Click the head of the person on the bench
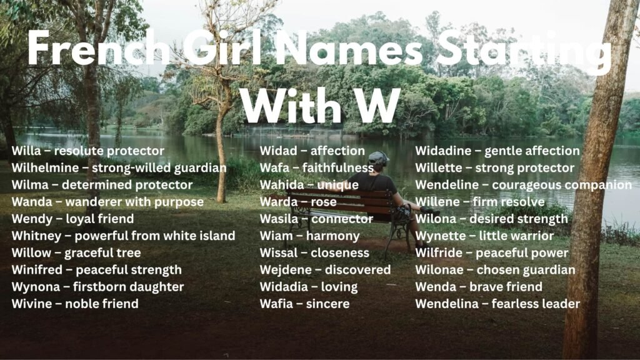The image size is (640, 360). point(378,159)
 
